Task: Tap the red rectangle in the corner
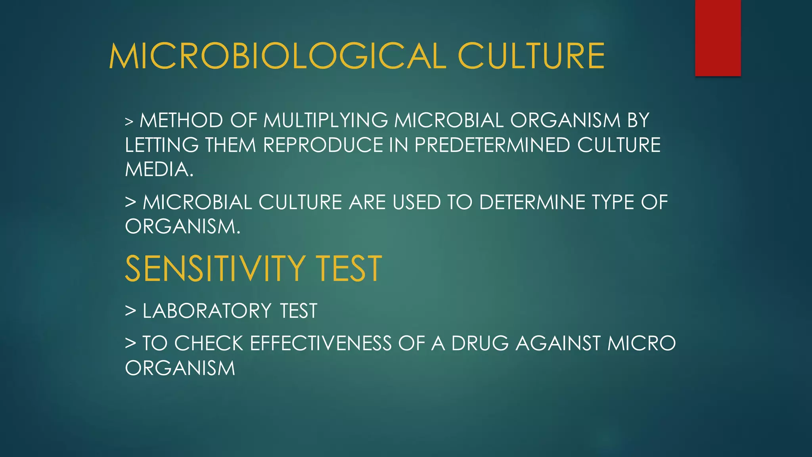pos(718,38)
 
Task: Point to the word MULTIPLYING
pos(326,121)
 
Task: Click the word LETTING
pos(162,145)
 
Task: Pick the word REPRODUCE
pos(323,145)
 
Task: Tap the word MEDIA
pos(159,170)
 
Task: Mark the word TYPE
pos(613,202)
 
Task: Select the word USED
pos(417,202)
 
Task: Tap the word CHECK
pos(209,344)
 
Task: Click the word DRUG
pos(480,344)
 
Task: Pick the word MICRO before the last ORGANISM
pos(642,344)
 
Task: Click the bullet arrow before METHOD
pos(129,121)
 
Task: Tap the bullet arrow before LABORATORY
pos(130,311)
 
